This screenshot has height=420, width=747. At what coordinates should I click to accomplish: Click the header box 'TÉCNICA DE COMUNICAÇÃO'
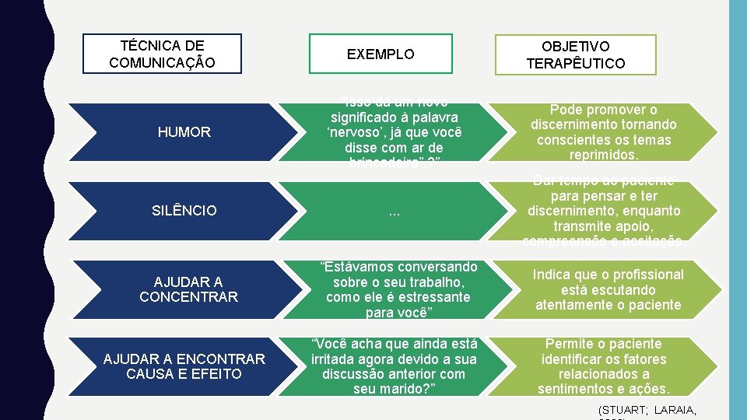[162, 54]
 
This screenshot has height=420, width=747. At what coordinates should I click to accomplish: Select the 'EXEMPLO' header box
[381, 54]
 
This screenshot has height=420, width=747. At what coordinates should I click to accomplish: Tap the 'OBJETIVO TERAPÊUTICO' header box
[575, 54]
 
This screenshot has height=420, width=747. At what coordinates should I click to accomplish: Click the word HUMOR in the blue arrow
[184, 132]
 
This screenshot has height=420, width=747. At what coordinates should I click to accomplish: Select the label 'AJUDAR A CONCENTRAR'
[188, 289]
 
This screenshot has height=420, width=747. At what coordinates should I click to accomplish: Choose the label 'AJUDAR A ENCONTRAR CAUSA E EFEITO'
[184, 366]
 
